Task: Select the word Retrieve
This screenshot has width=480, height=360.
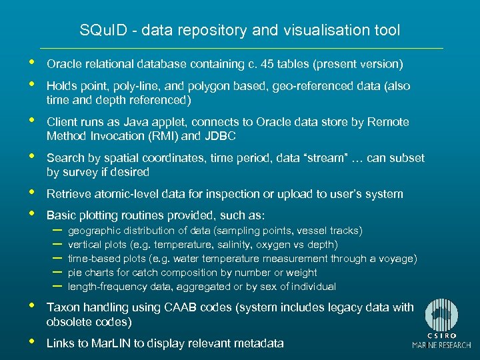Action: click(69, 195)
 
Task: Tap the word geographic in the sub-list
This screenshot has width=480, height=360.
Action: click(93, 231)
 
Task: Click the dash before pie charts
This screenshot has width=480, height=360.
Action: click(57, 272)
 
